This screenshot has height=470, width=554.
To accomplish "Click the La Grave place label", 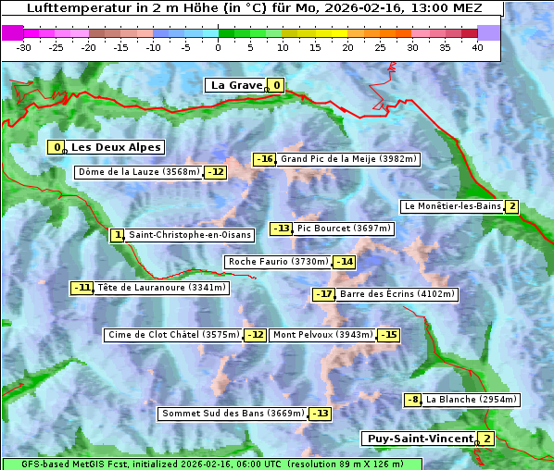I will [x=236, y=85].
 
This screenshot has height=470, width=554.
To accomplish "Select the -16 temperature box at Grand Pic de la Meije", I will [x=265, y=159].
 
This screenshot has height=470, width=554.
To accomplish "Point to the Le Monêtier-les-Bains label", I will [x=452, y=206].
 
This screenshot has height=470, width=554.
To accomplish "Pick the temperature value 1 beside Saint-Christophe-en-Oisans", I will [x=117, y=235].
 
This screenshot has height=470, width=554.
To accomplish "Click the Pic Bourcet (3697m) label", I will [x=345, y=229].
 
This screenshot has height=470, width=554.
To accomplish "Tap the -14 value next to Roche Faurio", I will [x=345, y=262].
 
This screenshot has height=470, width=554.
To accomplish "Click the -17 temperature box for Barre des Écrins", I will [x=323, y=294].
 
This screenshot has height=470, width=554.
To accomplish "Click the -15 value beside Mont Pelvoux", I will [x=388, y=335].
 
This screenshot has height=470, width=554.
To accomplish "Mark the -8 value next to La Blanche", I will [x=413, y=400].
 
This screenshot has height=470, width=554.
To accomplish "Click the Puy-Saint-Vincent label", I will [x=419, y=439].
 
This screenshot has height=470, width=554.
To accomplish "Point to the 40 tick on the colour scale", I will [x=477, y=47].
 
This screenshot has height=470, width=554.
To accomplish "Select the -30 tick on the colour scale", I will [x=24, y=47].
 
